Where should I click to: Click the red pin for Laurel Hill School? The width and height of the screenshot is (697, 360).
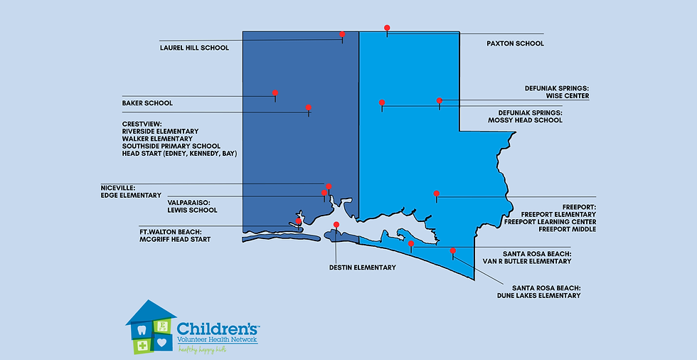[342, 34]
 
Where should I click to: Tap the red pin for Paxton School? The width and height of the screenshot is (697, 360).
[387, 28]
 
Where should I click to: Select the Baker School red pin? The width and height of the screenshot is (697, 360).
[275, 92]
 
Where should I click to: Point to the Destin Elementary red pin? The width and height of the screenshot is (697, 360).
[336, 225]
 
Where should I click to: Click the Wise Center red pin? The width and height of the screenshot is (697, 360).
[440, 101]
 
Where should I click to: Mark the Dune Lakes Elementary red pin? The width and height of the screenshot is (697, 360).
[453, 250]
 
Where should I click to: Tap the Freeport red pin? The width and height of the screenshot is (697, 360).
[437, 194]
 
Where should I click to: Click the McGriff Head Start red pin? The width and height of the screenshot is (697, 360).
[299, 221]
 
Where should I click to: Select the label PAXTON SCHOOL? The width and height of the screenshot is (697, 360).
[515, 43]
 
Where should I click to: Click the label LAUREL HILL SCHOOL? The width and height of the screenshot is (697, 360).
[194, 48]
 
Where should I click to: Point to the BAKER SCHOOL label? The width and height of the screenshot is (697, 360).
[147, 103]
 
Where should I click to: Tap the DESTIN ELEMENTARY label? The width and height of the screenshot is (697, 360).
[362, 268]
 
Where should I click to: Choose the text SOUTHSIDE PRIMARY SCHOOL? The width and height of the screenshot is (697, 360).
[171, 146]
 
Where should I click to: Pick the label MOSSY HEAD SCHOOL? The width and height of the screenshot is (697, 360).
[525, 120]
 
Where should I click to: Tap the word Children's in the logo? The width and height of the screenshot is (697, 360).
[218, 329]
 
